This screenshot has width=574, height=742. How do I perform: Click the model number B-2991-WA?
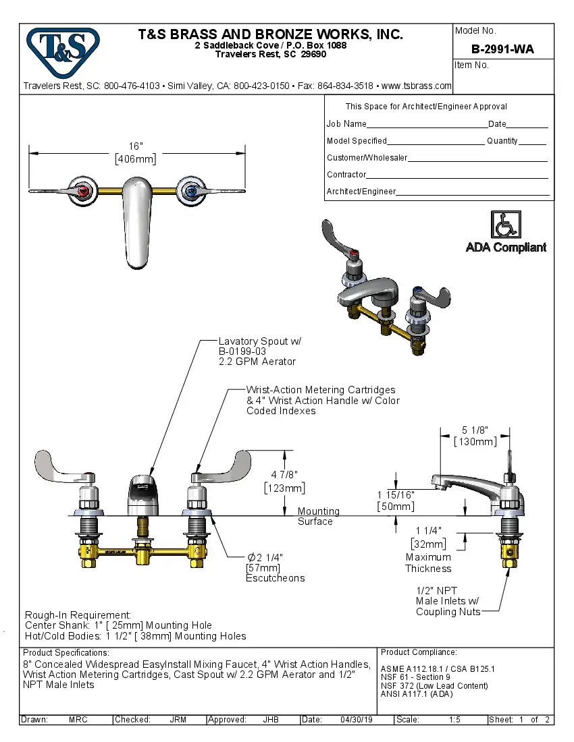tap(502, 49)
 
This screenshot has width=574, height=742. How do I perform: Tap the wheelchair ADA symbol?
tap(505, 225)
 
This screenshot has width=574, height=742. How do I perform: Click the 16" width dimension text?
tap(136, 146)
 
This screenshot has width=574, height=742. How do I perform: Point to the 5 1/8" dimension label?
tap(475, 430)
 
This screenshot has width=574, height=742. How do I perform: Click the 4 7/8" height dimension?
tap(284, 474)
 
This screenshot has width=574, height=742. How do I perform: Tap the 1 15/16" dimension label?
tap(396, 494)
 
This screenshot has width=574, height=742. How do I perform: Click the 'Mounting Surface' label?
tap(318, 516)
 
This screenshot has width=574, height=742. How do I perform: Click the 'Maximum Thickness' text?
tap(428, 563)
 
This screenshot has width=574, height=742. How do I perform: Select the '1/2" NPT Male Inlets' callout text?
tap(448, 601)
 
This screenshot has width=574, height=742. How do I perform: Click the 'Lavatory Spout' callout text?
tap(259, 341)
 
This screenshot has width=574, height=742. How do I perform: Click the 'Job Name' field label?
tap(346, 124)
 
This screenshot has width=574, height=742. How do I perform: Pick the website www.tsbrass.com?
tap(416, 86)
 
